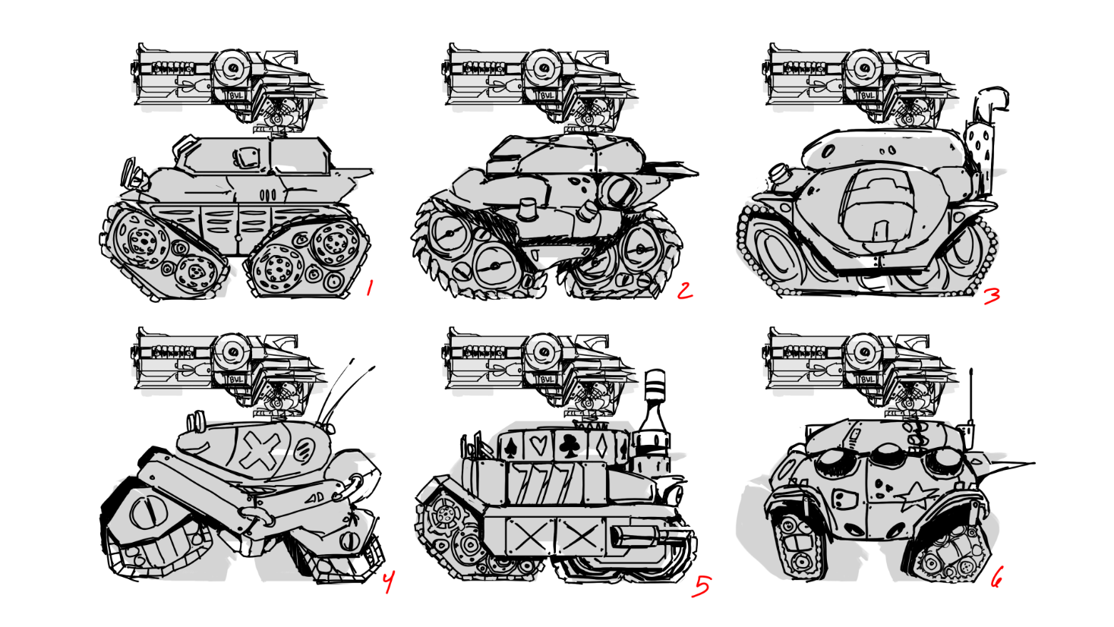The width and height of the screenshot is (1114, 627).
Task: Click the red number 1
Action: tap(369, 288)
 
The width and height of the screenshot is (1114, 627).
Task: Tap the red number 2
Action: tap(685, 291)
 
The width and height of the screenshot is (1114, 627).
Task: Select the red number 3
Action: tap(993, 296)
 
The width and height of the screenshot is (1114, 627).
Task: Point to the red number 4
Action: tap(388, 581)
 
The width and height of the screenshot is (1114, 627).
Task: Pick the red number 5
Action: tap(702, 586)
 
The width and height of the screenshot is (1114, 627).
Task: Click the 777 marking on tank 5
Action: tap(544, 484)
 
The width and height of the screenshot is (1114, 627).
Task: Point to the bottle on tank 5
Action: tap(652, 423)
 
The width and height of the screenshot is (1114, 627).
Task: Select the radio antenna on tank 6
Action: tap(970, 408)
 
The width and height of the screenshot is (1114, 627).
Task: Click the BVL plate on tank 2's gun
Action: tap(547, 95)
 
